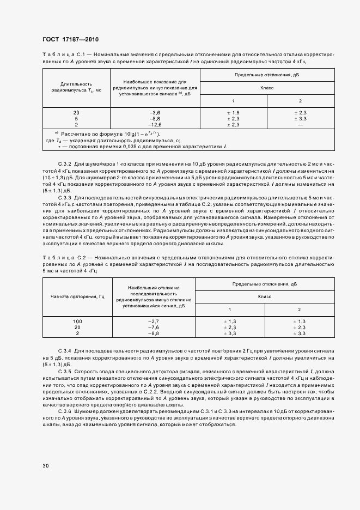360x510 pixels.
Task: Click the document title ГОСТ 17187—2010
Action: pos(70,40)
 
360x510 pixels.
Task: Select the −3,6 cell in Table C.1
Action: pos(155,112)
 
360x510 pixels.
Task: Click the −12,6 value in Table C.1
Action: pos(155,124)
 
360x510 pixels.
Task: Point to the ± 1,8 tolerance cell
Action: pos(233,112)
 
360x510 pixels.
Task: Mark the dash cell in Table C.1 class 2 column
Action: pos(300,124)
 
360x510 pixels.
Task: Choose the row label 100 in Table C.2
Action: pos(77,321)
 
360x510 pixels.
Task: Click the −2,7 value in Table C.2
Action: pos(153,321)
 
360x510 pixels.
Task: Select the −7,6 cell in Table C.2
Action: pos(153,327)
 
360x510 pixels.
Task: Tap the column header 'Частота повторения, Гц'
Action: pos(77,296)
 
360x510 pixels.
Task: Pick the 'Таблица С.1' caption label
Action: pos(61,55)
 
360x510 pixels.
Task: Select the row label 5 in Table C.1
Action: pos(76,118)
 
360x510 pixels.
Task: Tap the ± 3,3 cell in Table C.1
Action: pos(300,118)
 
